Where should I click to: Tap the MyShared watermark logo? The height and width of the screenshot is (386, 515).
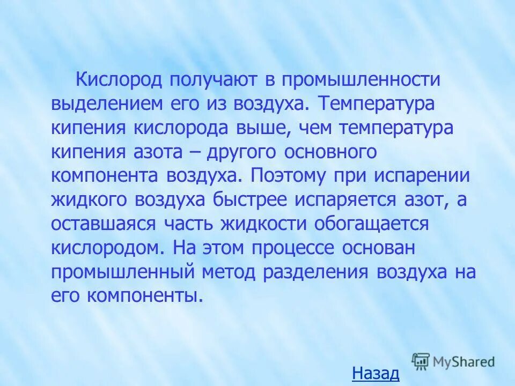tap(453, 362)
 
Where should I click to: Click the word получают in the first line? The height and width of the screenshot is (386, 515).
tap(211, 80)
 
